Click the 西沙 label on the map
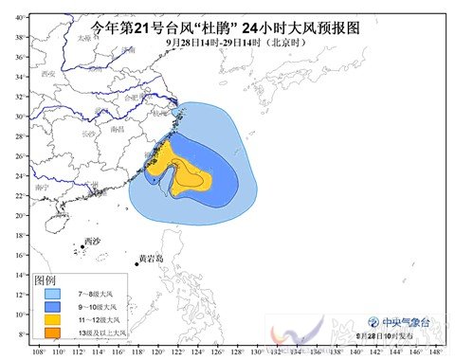(92, 241)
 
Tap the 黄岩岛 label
(152, 258)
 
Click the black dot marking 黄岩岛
(136, 263)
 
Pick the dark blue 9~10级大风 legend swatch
(51, 307)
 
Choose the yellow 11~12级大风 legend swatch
(51, 320)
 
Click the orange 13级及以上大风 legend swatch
(51, 333)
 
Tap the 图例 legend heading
(48, 280)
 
